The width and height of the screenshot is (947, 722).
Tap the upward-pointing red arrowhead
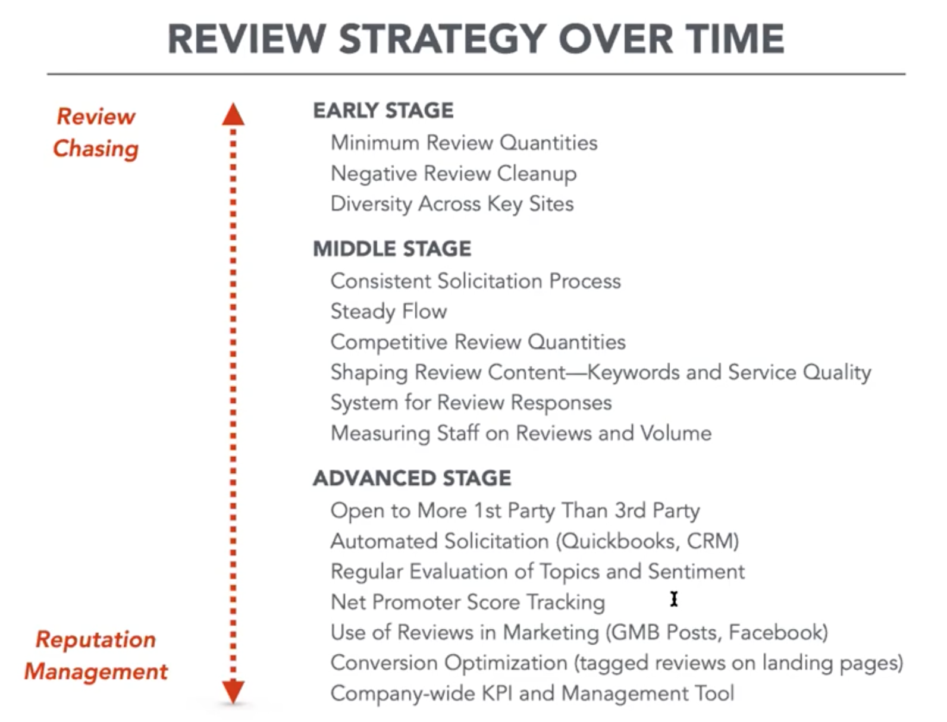233,114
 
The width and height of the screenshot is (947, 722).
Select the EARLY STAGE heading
383,111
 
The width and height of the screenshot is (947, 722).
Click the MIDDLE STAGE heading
392,249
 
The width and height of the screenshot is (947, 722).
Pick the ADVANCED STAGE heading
412,478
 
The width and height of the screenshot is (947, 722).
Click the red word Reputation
96,639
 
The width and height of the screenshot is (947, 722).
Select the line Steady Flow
388,312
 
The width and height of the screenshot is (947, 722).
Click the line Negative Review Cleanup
453,174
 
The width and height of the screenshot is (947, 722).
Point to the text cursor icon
674,599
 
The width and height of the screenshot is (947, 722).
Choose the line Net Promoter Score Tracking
468,602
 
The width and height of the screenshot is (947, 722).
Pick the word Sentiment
697,572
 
